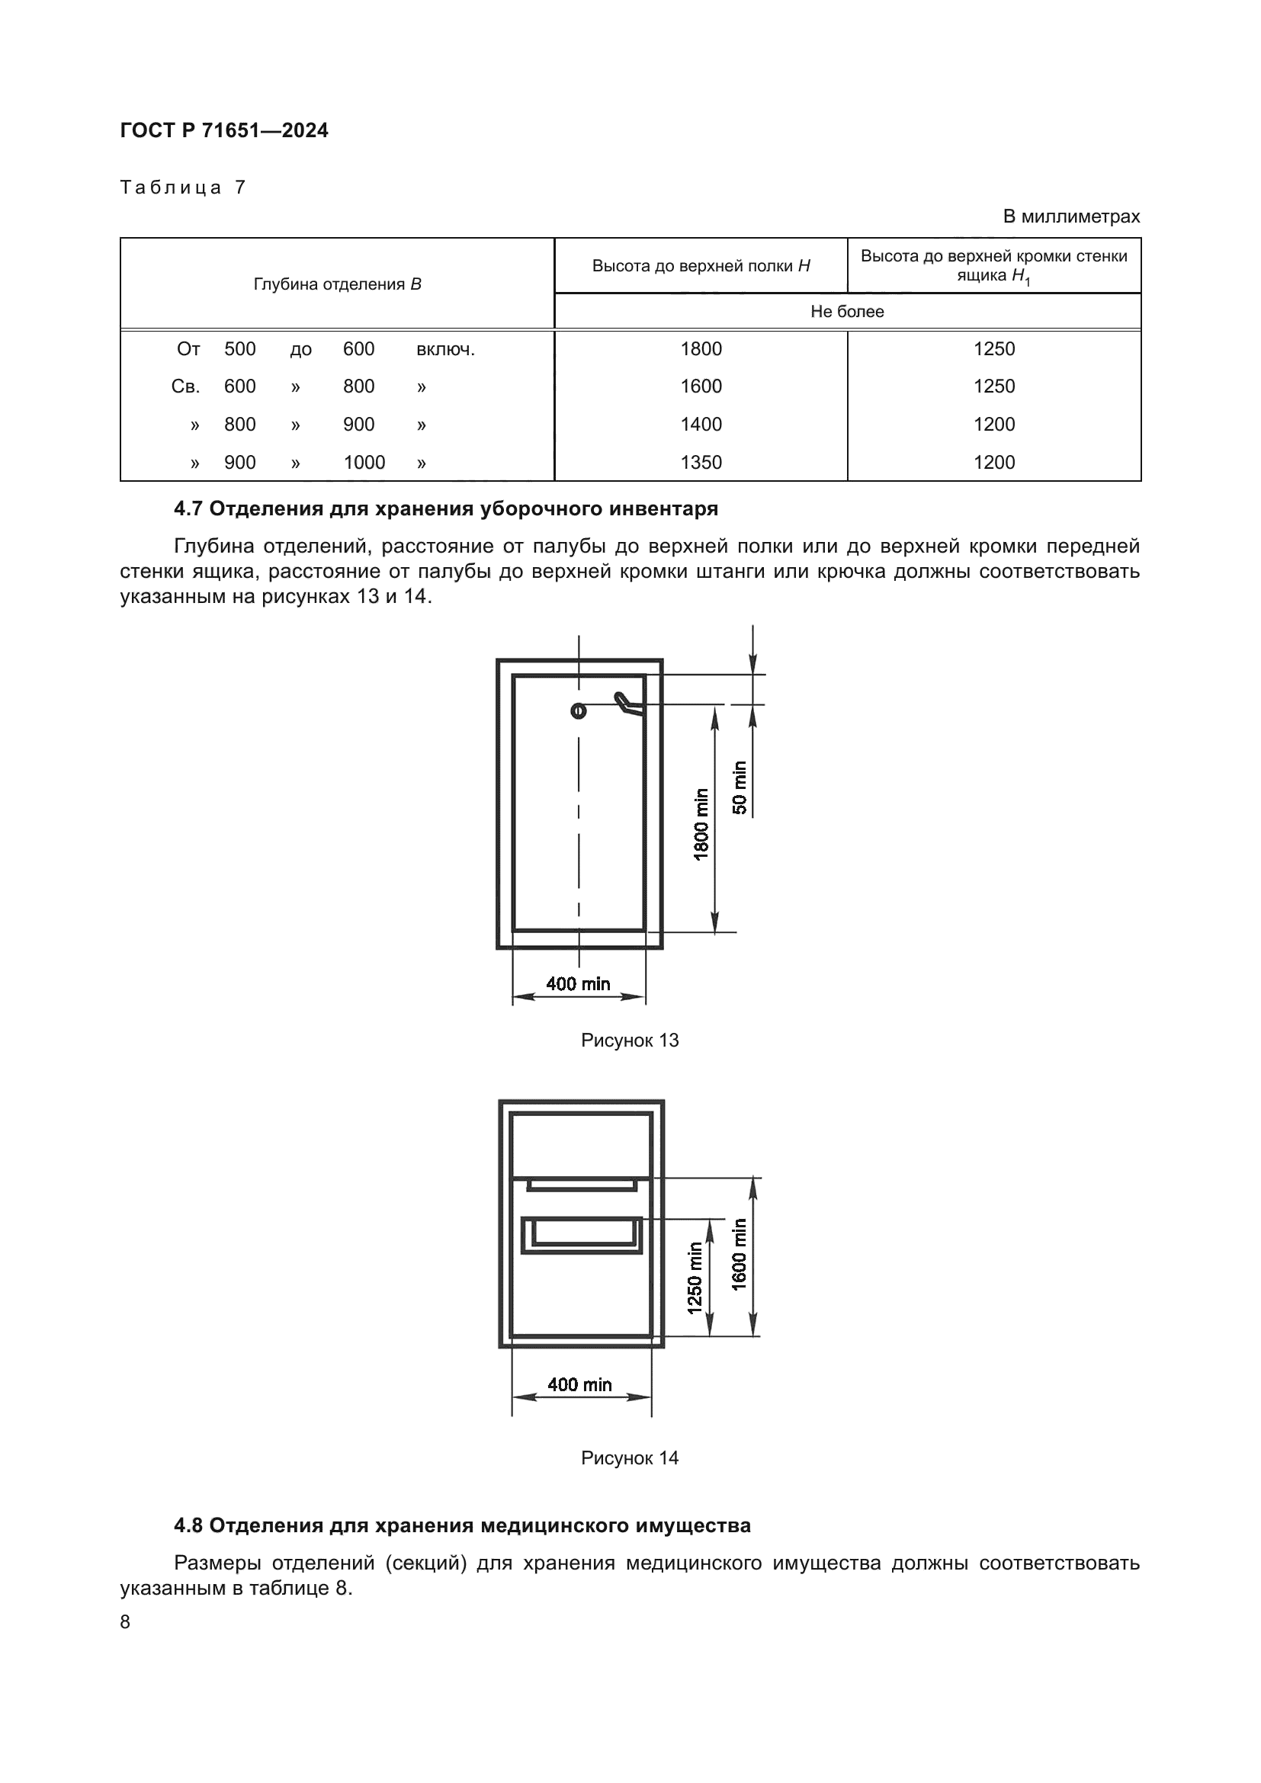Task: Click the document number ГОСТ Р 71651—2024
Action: pos(223,130)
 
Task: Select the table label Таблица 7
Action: pos(182,188)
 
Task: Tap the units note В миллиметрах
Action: pos(1070,216)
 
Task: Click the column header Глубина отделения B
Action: pos(337,284)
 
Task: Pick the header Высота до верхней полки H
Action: pos(701,265)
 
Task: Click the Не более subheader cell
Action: pos(846,312)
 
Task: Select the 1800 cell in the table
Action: pos(701,348)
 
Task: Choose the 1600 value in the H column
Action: pos(701,386)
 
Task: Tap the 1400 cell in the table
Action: pos(701,424)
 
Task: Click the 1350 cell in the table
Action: pos(701,462)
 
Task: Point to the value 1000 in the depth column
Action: pos(364,462)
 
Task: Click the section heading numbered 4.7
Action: pos(446,508)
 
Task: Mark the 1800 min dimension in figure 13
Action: pos(701,824)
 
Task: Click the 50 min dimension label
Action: pos(740,787)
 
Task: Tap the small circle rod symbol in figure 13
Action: pos(579,710)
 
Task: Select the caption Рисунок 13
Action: pos(629,1040)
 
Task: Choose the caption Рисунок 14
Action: pos(629,1458)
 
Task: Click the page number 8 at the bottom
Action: pos(126,1621)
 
